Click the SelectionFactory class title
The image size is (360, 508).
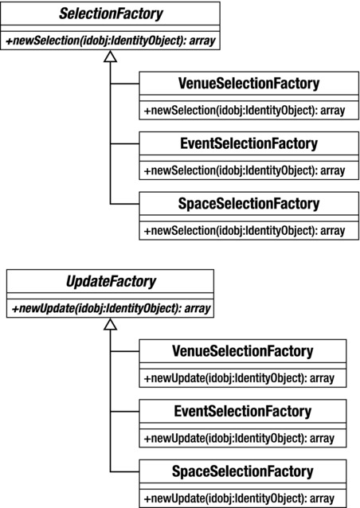point(111,14)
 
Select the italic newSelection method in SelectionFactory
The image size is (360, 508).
point(111,39)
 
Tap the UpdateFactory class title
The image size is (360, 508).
point(111,281)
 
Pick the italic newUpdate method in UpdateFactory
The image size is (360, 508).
point(111,307)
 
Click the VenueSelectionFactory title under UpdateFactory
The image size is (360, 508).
point(243,351)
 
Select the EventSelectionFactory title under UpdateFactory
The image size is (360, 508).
point(243,412)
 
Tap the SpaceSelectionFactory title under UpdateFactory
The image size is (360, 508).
point(243,472)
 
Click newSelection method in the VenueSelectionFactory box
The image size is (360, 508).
point(243,109)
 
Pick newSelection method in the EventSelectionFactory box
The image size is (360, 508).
point(243,170)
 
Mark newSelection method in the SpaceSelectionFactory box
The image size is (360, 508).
point(243,230)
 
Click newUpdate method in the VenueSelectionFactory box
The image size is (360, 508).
point(239,377)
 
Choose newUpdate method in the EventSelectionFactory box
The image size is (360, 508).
point(239,438)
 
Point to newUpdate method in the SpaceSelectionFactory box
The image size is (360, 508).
point(239,498)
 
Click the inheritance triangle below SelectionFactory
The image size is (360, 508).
point(111,57)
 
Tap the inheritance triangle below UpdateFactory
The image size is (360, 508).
point(111,325)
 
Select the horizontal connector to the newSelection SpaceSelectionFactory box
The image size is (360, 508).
point(125,205)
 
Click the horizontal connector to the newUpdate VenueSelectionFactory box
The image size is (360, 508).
point(125,351)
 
